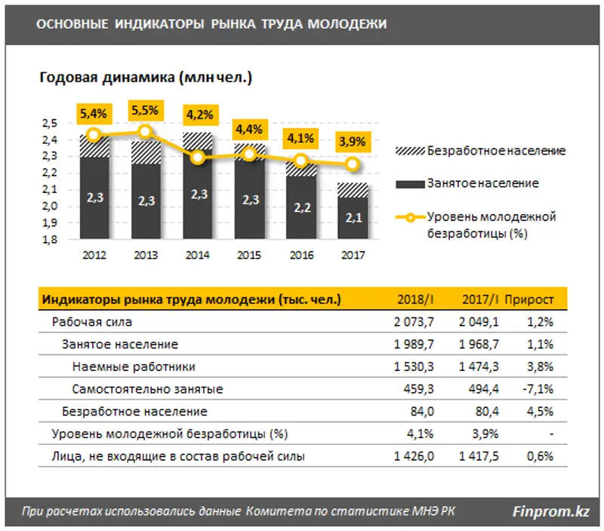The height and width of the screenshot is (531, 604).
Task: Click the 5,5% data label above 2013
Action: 145,110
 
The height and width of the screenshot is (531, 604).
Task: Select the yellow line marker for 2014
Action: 198,158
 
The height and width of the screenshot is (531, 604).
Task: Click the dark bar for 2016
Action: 301,207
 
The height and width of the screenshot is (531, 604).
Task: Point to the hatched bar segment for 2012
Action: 94,146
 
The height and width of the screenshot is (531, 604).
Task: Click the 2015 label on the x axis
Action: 249,255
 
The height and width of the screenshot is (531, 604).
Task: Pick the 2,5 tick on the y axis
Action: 49,124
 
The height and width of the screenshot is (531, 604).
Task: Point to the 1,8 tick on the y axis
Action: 49,241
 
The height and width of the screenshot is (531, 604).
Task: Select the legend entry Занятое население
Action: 482,183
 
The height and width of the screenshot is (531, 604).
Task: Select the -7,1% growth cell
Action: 539,390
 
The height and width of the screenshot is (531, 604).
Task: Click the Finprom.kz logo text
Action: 550,511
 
